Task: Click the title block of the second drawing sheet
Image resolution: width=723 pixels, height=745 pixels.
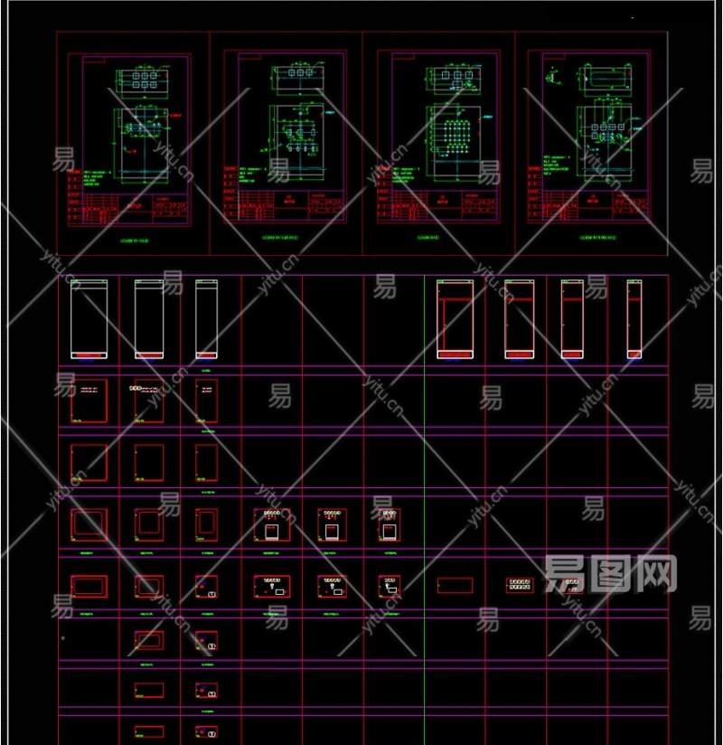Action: click(285, 205)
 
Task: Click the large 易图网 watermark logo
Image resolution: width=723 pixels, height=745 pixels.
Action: click(611, 572)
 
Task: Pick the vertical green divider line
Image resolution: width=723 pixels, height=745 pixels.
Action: click(424, 506)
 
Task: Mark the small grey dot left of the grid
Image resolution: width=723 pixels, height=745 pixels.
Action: click(62, 637)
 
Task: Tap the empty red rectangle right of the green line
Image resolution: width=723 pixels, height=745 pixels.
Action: click(455, 585)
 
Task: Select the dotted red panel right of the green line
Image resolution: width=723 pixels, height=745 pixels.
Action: click(519, 585)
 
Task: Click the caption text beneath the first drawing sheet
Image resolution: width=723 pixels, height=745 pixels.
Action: click(134, 241)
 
